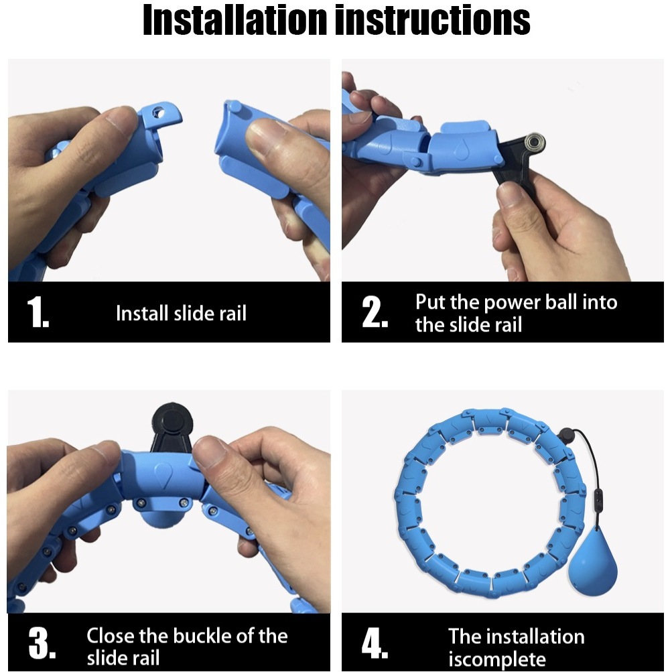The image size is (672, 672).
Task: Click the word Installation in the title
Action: [235, 19]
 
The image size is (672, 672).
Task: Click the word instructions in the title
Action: [432, 19]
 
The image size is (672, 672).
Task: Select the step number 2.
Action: [375, 312]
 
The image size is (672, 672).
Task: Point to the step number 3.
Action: [42, 643]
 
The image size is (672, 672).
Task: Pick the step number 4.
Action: [375, 643]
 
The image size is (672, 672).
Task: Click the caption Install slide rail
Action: [182, 313]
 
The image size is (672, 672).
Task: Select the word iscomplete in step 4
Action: [497, 659]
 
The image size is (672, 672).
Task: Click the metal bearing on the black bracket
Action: [535, 142]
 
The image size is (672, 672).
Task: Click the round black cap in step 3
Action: [172, 418]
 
